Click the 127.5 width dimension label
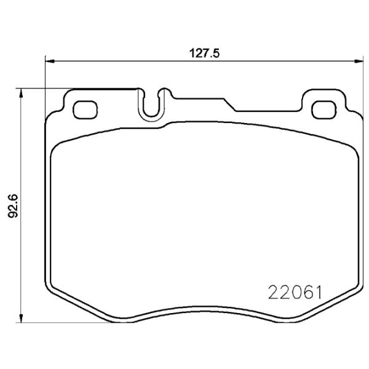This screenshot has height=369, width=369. coord(204,54)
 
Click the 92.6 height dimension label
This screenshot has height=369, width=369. coord(13,206)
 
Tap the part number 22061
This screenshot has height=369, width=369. coord(295,292)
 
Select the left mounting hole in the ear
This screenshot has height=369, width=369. coord(85,109)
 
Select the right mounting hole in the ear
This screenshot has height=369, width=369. coord(324,109)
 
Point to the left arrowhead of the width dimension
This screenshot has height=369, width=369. coord(50,61)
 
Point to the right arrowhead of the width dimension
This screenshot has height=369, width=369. coord(359,61)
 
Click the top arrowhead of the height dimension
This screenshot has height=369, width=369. coord(21,93)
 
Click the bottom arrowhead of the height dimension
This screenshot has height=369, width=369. coord(21,318)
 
